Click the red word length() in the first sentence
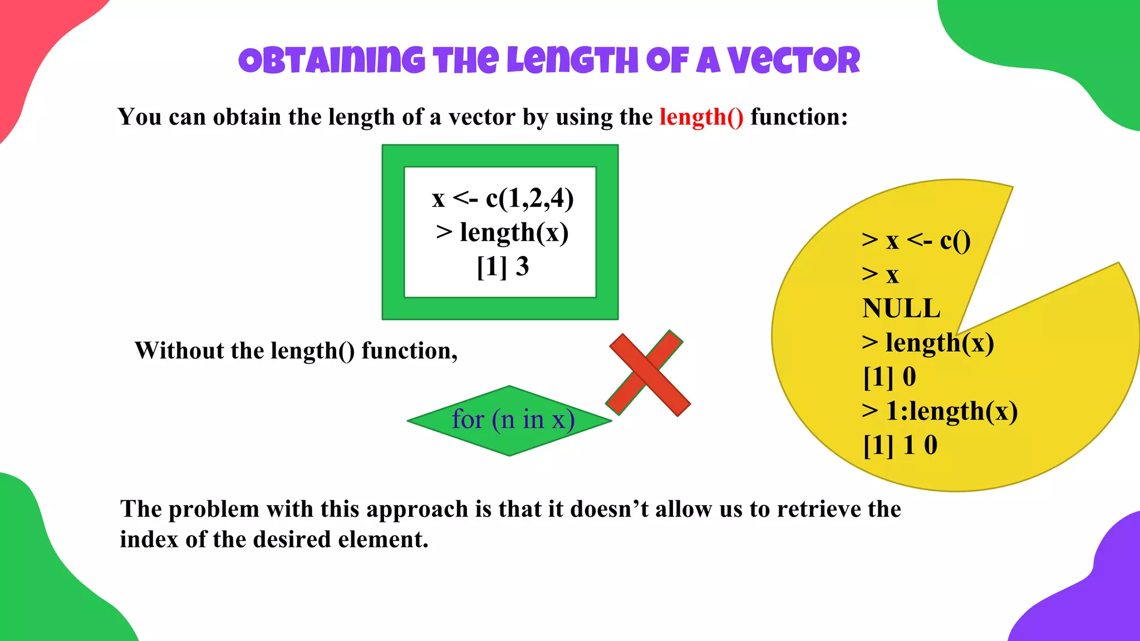[701, 117]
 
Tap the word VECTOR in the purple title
[794, 61]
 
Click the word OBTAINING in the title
[331, 61]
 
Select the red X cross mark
[648, 373]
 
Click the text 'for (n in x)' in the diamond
[513, 420]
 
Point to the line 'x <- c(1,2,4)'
[502, 198]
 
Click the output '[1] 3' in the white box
[502, 267]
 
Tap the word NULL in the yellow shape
[901, 308]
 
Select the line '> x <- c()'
[916, 240]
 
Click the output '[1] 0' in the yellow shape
[890, 377]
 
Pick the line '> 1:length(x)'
[940, 411]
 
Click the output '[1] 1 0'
[900, 445]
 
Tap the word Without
[179, 351]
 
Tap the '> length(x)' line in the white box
[502, 233]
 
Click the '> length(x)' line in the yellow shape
[928, 343]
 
